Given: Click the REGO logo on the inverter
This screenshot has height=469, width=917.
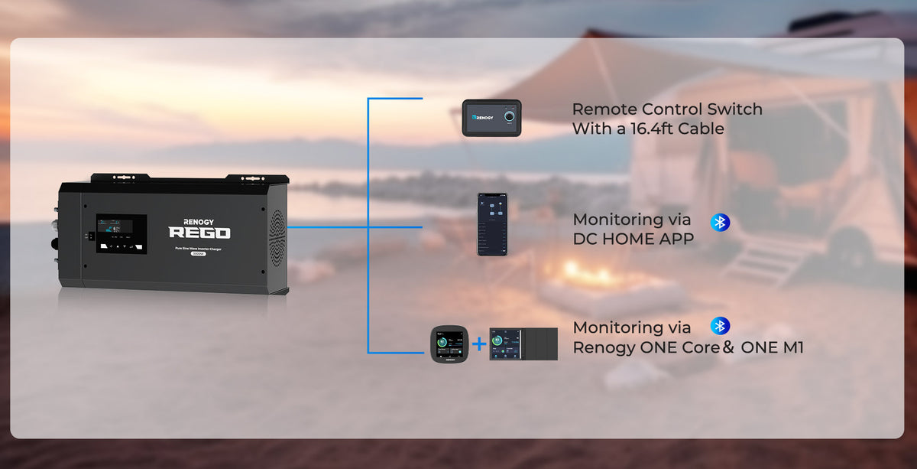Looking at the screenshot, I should [199, 233].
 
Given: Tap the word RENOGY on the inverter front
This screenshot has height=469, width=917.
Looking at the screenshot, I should [199, 217].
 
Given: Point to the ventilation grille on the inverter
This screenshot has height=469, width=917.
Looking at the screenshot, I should [276, 237].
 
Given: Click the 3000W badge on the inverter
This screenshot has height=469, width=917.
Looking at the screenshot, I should [199, 254].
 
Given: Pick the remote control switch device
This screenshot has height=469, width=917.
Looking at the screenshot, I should [491, 119].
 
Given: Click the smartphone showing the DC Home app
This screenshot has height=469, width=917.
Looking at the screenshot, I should [492, 223].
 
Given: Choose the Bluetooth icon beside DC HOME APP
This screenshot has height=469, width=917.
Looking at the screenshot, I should [720, 223].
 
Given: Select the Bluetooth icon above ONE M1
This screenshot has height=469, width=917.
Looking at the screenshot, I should [720, 326].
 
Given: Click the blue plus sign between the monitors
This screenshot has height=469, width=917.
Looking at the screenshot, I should [479, 344].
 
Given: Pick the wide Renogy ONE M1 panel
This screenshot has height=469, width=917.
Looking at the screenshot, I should [523, 344].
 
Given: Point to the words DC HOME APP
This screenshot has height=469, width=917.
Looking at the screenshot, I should [633, 239].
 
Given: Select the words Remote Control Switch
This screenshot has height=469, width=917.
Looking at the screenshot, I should [666, 109].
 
